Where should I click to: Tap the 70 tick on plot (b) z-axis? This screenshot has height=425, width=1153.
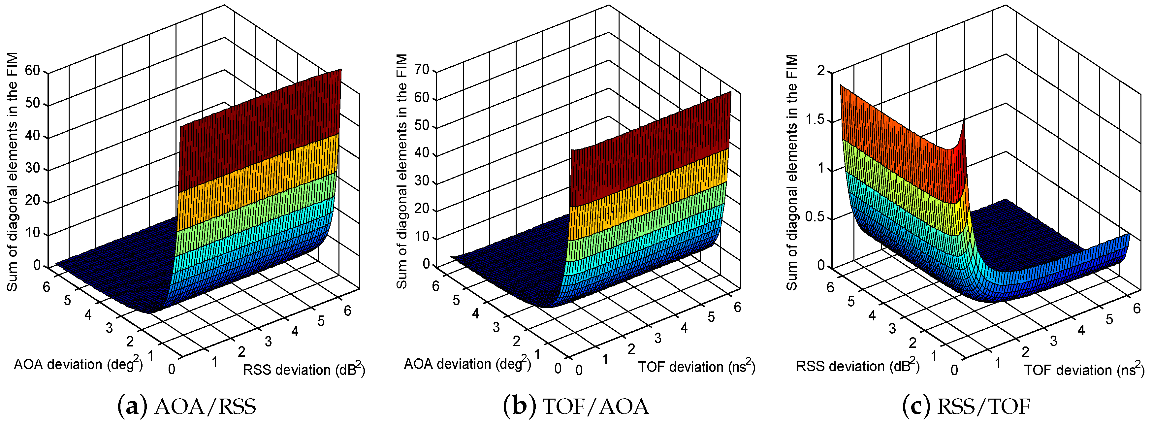422,70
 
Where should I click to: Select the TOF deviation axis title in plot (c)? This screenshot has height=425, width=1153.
1084,370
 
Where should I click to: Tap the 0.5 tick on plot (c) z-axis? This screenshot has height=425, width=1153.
814,217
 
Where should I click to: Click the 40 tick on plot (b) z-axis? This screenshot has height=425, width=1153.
422,153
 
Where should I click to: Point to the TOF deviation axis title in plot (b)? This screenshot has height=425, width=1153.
696,367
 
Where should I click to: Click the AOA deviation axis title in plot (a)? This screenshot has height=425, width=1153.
78,364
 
